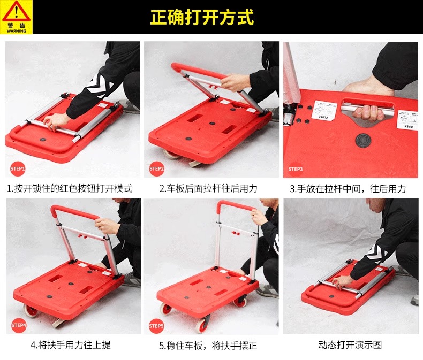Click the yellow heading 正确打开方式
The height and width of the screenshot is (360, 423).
click(202, 17)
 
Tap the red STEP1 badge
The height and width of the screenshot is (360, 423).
click(18, 169)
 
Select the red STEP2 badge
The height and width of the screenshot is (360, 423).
click(157, 169)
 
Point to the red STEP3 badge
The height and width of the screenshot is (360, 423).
click(296, 169)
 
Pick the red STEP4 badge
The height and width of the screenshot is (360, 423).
click(19, 325)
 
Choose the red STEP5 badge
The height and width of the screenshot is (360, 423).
click(156, 326)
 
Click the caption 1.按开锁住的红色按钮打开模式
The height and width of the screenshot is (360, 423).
click(70, 188)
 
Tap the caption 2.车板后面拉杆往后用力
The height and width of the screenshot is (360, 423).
click(208, 188)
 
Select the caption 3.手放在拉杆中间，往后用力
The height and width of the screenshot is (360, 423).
click(348, 189)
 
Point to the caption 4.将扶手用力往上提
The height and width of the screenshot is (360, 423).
click(71, 345)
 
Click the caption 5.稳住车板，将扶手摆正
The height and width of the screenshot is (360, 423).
click(208, 345)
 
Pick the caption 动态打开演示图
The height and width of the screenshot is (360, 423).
click(350, 345)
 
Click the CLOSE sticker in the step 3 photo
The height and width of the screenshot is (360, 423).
click(324, 110)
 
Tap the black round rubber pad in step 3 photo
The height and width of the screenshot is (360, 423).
click(363, 141)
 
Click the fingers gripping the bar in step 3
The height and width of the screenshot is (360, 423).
click(368, 113)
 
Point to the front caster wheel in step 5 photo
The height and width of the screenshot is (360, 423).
click(202, 325)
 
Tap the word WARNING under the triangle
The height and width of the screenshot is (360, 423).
click(17, 31)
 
